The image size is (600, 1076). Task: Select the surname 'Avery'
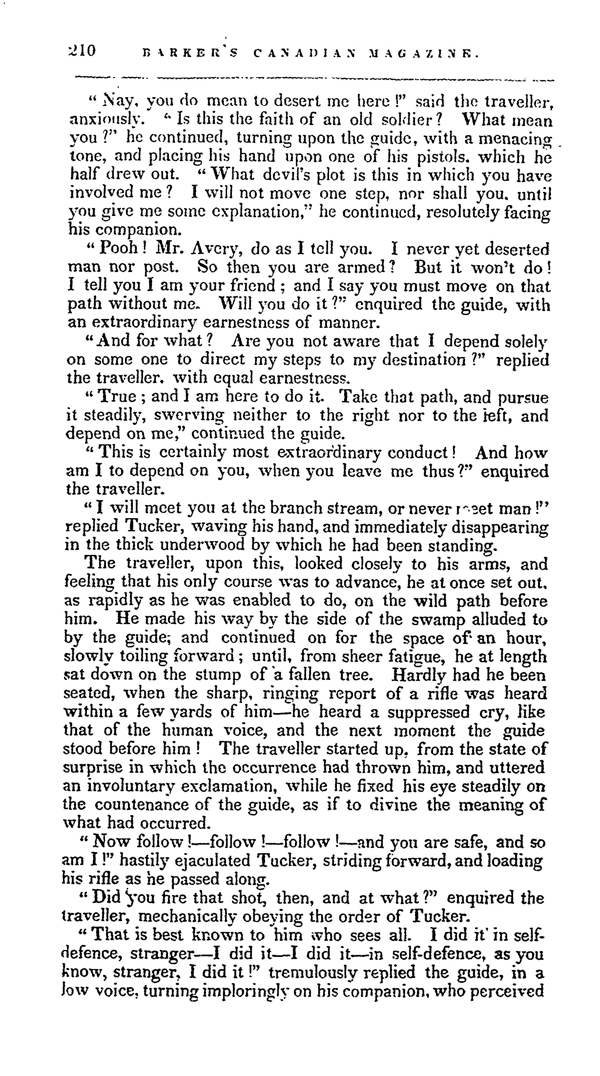215,250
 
